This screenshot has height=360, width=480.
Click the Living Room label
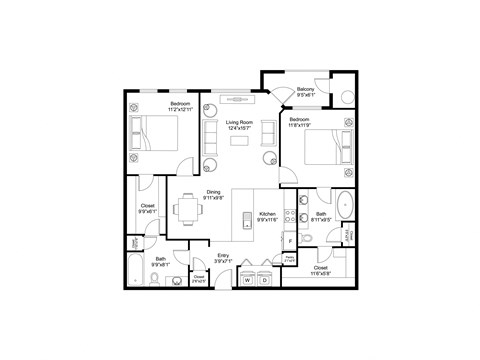[239, 124]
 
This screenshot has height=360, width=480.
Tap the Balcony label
[306, 91]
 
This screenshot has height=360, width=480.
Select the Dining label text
[214, 194]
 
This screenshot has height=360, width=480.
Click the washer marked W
[247, 281]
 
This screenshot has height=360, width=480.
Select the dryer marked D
[265, 281]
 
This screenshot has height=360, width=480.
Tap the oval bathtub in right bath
[346, 204]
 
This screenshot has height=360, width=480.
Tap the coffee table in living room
[240, 140]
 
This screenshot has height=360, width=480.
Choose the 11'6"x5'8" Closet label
[320, 271]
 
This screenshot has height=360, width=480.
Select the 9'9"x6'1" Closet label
[146, 210]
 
